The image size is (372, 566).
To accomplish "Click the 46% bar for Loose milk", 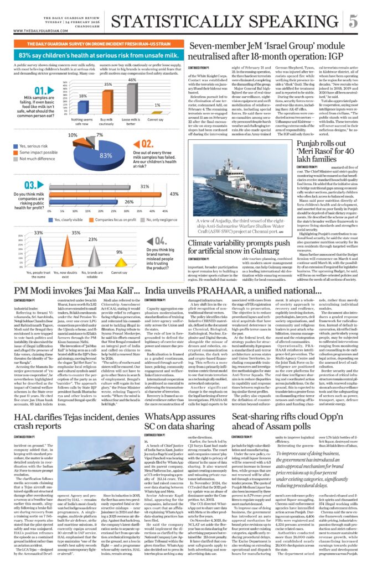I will click(131, 99).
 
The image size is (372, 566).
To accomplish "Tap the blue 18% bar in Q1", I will click(82, 110).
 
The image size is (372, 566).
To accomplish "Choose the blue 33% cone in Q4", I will click(39, 251).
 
